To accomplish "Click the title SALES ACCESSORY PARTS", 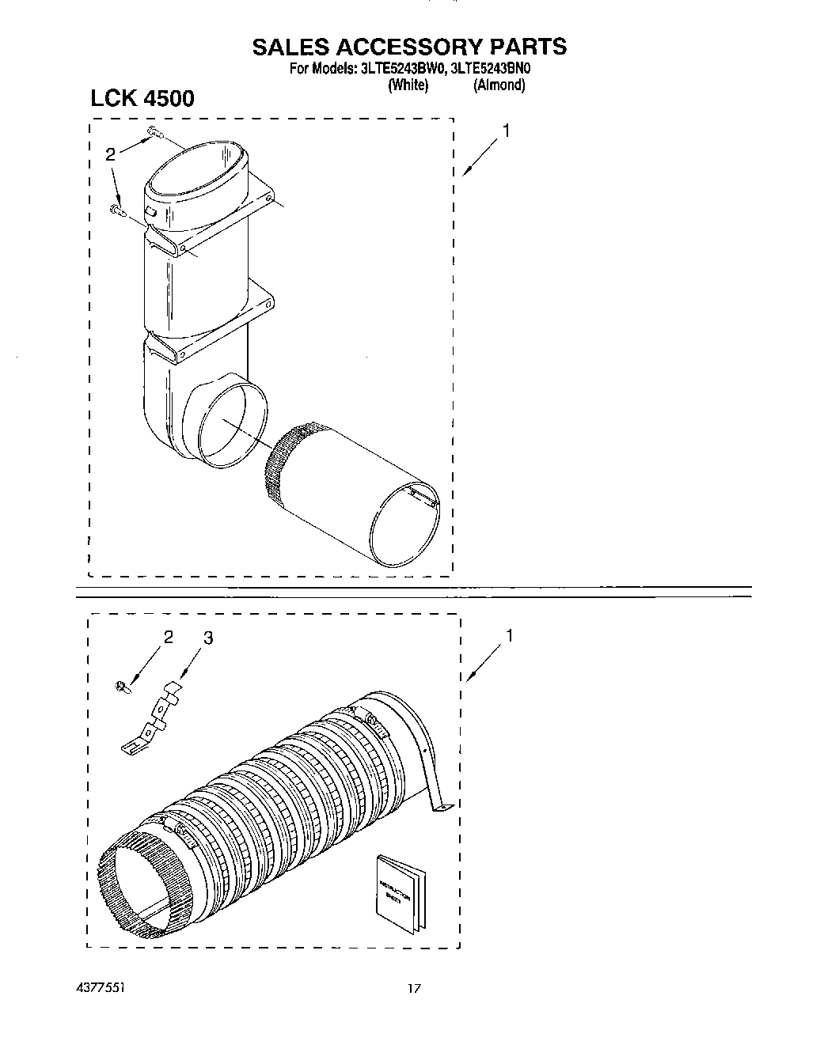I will point(409,47).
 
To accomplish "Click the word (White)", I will point(408,85).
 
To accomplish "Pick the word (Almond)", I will point(499,85).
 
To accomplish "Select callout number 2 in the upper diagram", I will point(111,155).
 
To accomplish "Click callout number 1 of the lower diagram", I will point(511,635).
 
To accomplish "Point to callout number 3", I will point(207,638).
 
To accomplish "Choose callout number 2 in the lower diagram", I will point(168,638).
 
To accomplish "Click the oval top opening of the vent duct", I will point(197,167).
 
